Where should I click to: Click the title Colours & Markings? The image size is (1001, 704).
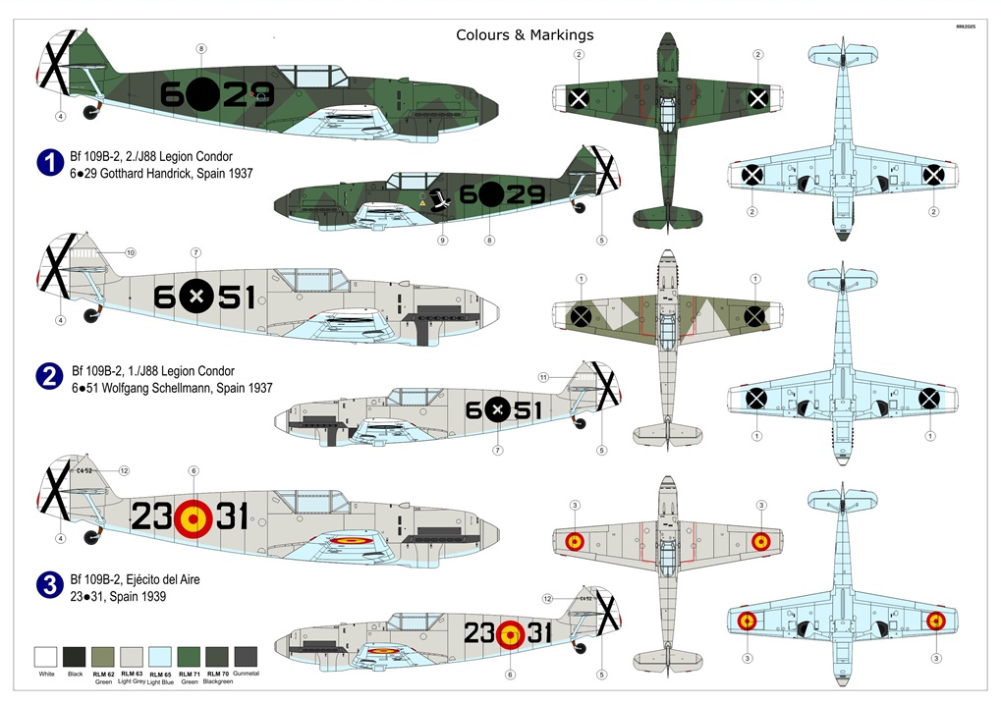coord(525,35)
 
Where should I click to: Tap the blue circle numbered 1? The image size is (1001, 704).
coord(50,163)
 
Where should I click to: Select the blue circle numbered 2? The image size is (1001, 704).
coord(50,378)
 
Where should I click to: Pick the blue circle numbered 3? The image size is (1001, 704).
coord(50,587)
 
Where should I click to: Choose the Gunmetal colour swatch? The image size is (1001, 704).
coord(247,658)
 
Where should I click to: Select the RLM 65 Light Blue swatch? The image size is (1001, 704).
coord(160,658)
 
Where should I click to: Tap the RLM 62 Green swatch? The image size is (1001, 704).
coord(103,658)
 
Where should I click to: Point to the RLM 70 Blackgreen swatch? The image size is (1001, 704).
coord(217,658)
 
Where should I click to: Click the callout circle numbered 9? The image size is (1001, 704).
coord(442,241)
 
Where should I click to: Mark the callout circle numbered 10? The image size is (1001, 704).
coord(132,253)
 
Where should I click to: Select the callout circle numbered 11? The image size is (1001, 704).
coord(542,377)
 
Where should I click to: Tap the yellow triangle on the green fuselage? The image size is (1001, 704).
coord(423,201)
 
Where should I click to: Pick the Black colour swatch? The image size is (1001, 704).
coord(75,658)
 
